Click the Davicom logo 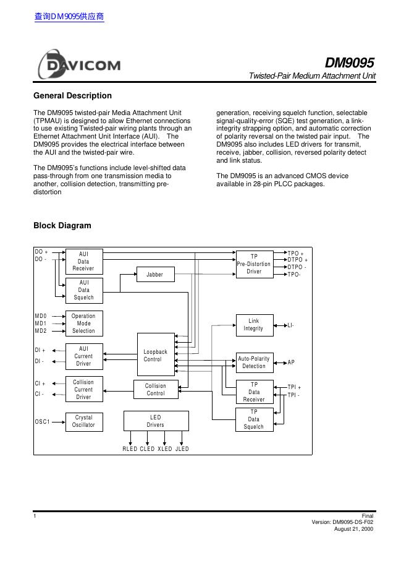coord(79,65)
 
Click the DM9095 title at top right coord(350,63)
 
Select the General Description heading coord(72,96)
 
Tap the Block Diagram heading coord(62,226)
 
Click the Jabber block coord(154,274)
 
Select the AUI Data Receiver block coord(84,261)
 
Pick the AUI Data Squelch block coord(84,290)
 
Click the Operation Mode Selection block coord(83,324)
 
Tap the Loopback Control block coord(155,356)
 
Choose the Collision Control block coord(156,390)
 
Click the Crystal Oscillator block coord(84,421)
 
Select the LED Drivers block coord(156,421)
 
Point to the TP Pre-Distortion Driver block coord(254,264)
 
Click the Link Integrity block coord(254,325)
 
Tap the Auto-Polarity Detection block coord(254,362)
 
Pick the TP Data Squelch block coord(254,419)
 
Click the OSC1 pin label coord(42,422)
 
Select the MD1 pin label coord(41,324)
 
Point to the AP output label coord(291,362)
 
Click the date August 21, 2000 coord(353,529)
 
